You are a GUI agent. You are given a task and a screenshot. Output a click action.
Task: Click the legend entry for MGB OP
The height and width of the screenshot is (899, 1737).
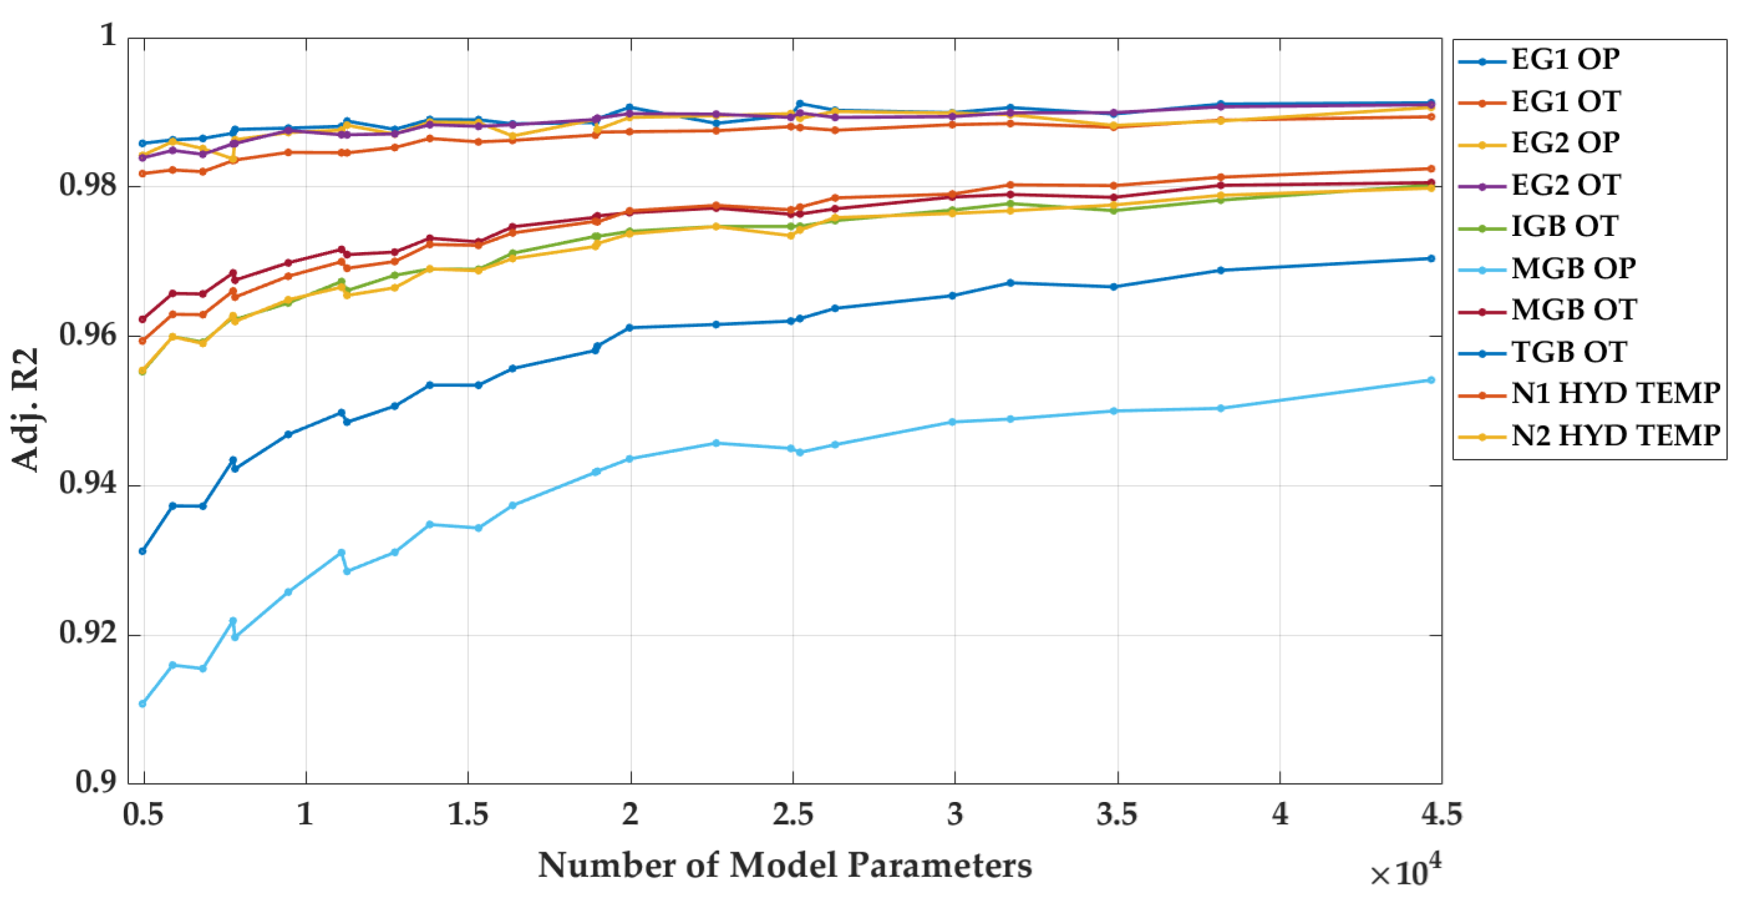pyautogui.click(x=1573, y=268)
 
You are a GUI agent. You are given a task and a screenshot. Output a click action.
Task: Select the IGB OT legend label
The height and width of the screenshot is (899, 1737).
pyautogui.click(x=1564, y=226)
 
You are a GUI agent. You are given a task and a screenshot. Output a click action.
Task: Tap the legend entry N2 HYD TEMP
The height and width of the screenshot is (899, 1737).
pyautogui.click(x=1615, y=436)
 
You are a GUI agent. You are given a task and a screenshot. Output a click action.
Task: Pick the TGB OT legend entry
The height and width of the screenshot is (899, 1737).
pyautogui.click(x=1569, y=352)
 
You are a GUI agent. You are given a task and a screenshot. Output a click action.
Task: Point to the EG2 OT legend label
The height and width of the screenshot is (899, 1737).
pyautogui.click(x=1566, y=185)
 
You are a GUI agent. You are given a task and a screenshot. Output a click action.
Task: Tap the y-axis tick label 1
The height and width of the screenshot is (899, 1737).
pyautogui.click(x=108, y=35)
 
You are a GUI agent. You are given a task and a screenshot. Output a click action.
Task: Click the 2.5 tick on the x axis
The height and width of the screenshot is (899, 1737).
pyautogui.click(x=793, y=815)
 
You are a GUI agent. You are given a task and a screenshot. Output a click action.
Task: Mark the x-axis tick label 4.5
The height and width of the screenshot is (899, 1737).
pyautogui.click(x=1441, y=815)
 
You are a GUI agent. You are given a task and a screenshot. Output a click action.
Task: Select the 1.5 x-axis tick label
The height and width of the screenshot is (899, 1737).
pyautogui.click(x=468, y=815)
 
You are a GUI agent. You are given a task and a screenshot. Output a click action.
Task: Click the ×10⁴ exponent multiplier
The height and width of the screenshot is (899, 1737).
pyautogui.click(x=1405, y=873)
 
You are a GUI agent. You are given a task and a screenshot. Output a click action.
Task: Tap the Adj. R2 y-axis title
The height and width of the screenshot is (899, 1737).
pyautogui.click(x=26, y=409)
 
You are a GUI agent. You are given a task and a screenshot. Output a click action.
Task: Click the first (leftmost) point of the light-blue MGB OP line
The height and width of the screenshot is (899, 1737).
pyautogui.click(x=142, y=703)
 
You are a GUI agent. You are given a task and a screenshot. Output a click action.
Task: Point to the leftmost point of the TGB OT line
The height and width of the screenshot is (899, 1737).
pyautogui.click(x=142, y=551)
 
